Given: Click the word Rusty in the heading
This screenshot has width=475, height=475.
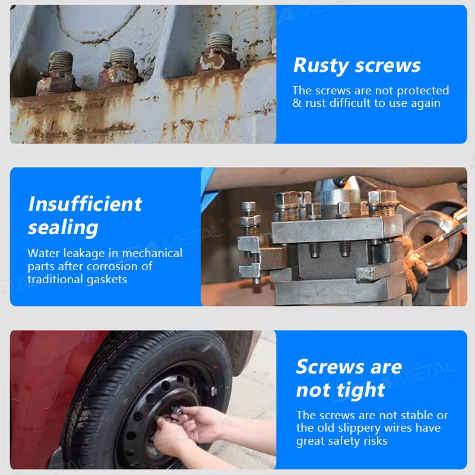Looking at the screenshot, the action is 321,66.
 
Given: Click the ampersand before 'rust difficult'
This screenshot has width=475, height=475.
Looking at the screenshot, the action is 297,103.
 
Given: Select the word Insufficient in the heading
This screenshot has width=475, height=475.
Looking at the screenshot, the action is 85,204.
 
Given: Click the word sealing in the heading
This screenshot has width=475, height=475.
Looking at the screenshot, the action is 63,227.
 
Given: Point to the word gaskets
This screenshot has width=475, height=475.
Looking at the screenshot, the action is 107,279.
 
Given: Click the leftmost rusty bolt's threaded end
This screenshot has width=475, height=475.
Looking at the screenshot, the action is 61,62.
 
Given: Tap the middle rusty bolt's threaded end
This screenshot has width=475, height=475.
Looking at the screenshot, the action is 122,57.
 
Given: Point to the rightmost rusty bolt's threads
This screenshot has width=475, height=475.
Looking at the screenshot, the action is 220,41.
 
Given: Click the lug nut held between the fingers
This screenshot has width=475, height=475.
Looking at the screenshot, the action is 176,411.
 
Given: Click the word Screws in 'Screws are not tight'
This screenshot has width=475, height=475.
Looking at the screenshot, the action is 330,367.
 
